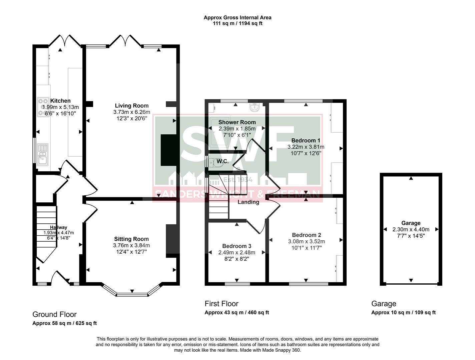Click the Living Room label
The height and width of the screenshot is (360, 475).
[132, 106]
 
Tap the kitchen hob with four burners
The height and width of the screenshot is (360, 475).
[43, 106]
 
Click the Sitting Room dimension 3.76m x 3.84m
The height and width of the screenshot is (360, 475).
[131, 245]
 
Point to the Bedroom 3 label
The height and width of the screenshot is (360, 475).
[236, 246]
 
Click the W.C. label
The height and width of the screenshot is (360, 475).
[222, 162]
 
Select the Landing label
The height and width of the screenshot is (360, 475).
[248, 202]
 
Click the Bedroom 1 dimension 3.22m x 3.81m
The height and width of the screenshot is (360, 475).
[306, 147]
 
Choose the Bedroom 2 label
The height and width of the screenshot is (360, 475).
[306, 235]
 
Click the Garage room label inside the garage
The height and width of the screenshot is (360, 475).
[411, 223]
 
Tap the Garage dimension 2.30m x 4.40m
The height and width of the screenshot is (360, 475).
[411, 229]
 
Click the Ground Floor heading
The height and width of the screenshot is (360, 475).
[54, 314]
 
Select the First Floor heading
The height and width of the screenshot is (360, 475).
[221, 304]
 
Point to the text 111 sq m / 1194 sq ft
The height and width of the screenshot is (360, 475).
[238, 23]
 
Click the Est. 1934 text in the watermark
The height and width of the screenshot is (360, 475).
[238, 180]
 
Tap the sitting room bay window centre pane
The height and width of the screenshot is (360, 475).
[132, 295]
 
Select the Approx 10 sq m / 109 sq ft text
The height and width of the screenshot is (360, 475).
[403, 312]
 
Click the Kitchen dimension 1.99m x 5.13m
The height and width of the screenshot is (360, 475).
[60, 107]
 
